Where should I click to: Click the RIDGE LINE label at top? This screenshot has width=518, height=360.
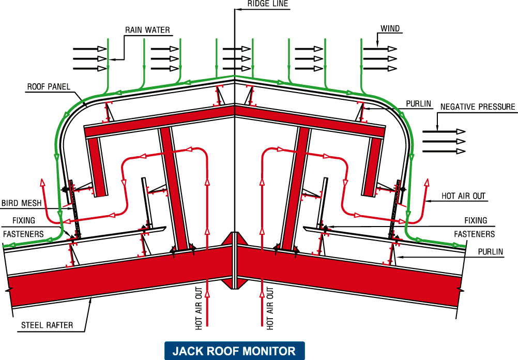[x=268, y=4]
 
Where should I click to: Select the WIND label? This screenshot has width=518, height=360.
[x=390, y=29]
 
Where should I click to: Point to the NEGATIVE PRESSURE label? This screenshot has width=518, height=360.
[x=478, y=107]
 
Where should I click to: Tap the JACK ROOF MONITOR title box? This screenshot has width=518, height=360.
[x=234, y=351]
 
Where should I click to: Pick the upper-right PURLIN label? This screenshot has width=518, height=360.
[x=419, y=104]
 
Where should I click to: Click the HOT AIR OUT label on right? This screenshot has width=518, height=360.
[x=463, y=196]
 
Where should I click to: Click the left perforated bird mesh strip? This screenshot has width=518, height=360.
[x=74, y=207]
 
